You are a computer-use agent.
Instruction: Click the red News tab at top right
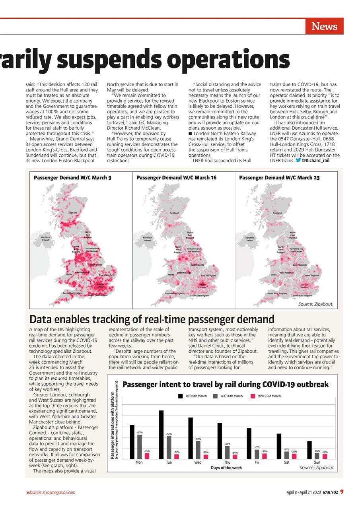(x=324, y=27)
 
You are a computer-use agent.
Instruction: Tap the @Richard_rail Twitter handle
(x=315, y=161)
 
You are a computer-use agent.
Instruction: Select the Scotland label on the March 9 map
(x=73, y=213)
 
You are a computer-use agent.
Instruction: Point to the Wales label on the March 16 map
(x=171, y=274)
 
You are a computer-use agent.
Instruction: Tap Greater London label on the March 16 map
(x=202, y=286)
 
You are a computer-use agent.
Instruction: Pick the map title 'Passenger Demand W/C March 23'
(x=279, y=178)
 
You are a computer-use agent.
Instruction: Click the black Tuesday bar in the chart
(x=161, y=434)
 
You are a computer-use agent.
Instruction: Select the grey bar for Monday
(x=140, y=447)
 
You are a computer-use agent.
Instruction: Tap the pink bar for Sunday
(x=325, y=456)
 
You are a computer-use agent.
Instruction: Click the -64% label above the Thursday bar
(x=228, y=444)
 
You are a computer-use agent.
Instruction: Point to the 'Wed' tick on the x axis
(x=198, y=462)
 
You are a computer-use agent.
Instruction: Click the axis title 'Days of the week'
(x=226, y=468)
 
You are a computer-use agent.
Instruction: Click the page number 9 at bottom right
(x=342, y=492)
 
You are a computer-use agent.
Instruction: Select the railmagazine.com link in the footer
(x=60, y=492)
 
